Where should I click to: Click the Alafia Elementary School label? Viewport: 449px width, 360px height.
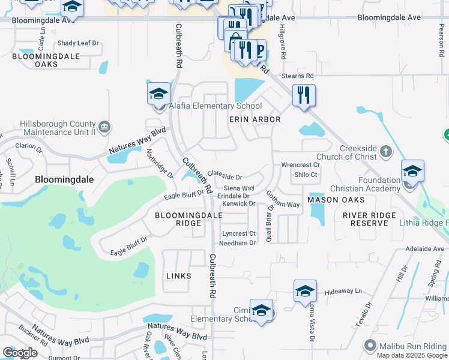215,106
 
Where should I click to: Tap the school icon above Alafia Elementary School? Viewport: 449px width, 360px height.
158,94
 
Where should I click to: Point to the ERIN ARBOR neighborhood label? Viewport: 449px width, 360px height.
255,120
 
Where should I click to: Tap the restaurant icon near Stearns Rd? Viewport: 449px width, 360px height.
304,95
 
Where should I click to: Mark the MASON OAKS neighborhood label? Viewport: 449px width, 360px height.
336,199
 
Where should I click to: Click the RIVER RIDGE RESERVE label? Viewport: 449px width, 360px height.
369,219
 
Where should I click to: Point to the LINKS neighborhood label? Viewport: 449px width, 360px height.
178,276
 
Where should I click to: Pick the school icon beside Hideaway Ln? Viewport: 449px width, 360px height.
305,292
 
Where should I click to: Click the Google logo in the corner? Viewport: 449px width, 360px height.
20,352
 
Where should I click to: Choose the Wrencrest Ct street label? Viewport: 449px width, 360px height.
301,164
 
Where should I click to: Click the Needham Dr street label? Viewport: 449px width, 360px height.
238,243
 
